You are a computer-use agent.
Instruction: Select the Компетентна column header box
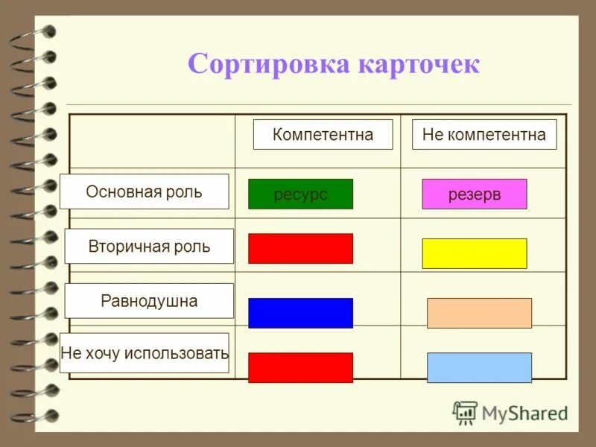coord(323,134)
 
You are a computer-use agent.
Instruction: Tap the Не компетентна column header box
coord(484,134)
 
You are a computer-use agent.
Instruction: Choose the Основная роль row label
coord(144,191)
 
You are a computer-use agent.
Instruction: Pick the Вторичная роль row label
coord(149,246)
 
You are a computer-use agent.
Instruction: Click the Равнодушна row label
coord(149,301)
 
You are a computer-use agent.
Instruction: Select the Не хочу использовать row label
coord(145,353)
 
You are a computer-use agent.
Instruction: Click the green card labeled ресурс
coord(300,194)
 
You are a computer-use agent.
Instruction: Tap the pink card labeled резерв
coord(475,194)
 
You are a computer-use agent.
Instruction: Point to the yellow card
coord(475,253)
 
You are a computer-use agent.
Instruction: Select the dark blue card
coord(300,313)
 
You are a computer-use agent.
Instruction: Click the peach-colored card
coord(479,313)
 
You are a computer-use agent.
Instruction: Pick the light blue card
coord(479,367)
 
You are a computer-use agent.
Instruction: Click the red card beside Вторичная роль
coord(300,248)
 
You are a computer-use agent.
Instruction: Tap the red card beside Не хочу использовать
coord(300,367)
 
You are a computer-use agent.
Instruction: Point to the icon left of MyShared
coord(465,413)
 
